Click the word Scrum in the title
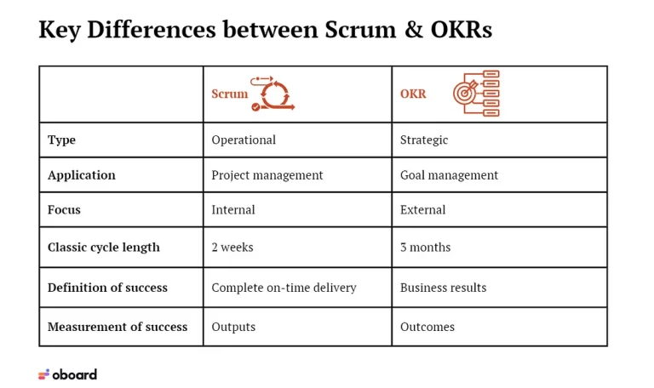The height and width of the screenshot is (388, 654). [x=360, y=30]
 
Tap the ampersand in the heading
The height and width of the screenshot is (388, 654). [x=413, y=30]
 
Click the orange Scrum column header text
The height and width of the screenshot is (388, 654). [x=229, y=94]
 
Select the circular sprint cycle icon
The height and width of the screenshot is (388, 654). [x=272, y=94]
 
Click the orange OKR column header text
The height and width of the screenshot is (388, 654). [x=413, y=94]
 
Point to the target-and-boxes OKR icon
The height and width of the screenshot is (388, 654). [x=476, y=94]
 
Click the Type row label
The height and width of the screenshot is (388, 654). [x=61, y=140]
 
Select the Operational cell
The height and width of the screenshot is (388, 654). [x=244, y=140]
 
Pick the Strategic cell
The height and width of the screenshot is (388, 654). [x=424, y=140]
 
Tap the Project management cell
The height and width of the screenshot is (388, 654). [x=267, y=175]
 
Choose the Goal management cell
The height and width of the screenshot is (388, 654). [x=449, y=175]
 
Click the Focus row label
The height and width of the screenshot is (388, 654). [x=64, y=209]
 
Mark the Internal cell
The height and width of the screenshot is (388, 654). [x=233, y=209]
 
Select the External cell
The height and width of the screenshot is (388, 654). [x=422, y=209]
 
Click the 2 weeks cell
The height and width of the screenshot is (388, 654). [x=232, y=247]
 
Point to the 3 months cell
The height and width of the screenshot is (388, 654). [x=425, y=247]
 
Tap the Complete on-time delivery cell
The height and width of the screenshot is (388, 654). [x=284, y=288]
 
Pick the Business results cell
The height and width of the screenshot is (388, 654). [x=443, y=288]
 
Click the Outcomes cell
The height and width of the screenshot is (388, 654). [x=427, y=327]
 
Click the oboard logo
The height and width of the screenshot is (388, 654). [x=67, y=374]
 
